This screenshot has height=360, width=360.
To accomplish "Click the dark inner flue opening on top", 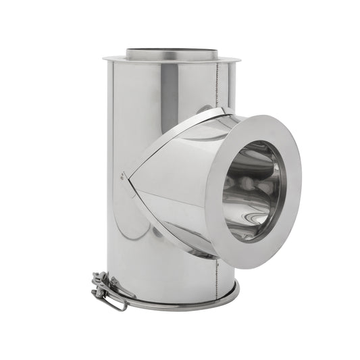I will point(172,52).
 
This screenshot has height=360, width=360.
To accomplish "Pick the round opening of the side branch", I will point(253,190).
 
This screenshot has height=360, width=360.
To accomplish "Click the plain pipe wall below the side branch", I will point(169,270).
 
